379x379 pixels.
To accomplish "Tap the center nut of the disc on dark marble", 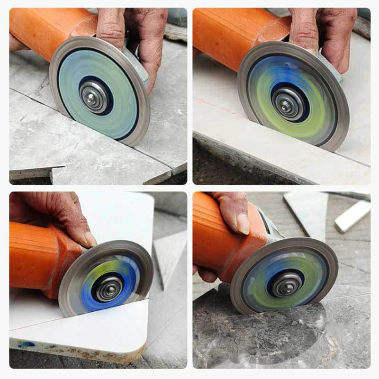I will tap(286, 282).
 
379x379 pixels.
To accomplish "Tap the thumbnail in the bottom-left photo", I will tap(90, 239).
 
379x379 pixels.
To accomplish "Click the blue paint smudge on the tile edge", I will tap(27, 344).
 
